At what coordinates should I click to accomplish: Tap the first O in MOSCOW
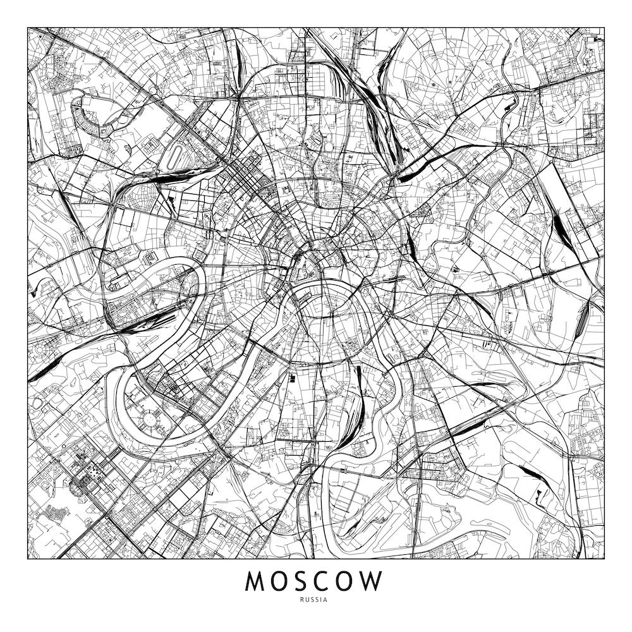click(x=283, y=581)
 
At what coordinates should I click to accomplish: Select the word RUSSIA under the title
click(x=315, y=600)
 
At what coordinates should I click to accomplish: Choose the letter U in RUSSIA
click(x=310, y=600)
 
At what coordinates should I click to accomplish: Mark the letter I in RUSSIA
click(x=322, y=600)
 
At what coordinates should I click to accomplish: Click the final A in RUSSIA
click(x=325, y=600)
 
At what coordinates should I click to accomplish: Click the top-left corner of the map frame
click(x=28, y=27)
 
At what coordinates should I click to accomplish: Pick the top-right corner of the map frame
click(x=604, y=27)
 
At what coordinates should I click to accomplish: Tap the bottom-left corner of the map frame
click(x=28, y=559)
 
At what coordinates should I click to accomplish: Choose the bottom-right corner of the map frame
click(x=604, y=559)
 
